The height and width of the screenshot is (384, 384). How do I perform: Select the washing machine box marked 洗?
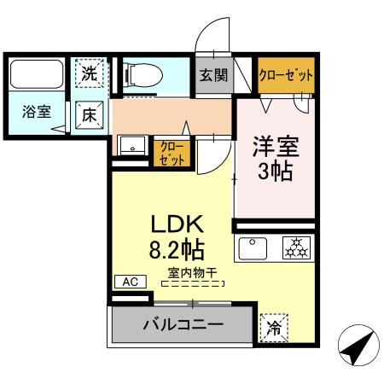[90, 73]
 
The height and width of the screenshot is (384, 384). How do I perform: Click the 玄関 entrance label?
[214, 75]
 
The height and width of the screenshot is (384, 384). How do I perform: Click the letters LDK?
[176, 225]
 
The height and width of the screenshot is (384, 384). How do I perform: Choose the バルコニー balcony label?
[182, 325]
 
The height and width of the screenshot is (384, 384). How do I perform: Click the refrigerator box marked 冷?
[273, 326]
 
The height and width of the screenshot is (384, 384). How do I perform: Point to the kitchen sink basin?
[254, 248]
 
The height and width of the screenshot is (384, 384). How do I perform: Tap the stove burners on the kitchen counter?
[297, 248]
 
